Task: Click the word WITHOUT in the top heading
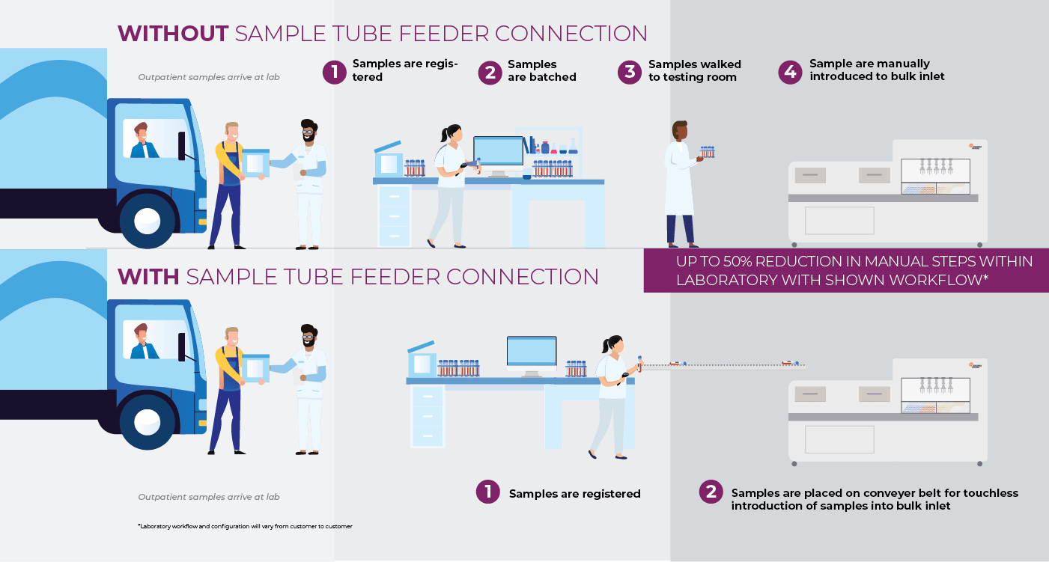[x=173, y=34]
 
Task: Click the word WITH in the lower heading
[x=148, y=277]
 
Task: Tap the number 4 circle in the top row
[x=790, y=72]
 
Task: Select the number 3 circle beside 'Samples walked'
[x=630, y=72]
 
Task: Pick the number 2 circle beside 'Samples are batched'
[x=490, y=72]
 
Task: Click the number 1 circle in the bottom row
[x=487, y=492]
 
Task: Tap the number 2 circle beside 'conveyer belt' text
[x=711, y=492]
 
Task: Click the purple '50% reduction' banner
[x=846, y=270]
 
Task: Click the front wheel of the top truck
[x=147, y=220]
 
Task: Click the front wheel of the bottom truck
[x=147, y=422]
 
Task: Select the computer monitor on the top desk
[x=498, y=154]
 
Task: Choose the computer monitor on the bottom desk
[x=532, y=353]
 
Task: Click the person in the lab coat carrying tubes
[x=681, y=183]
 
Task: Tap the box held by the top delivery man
[x=255, y=162]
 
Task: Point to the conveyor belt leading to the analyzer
[x=723, y=367]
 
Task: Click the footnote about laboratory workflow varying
[x=245, y=526]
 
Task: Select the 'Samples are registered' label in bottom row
[x=574, y=494]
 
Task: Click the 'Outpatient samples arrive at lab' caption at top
[x=209, y=77]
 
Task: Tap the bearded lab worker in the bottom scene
[x=308, y=389]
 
